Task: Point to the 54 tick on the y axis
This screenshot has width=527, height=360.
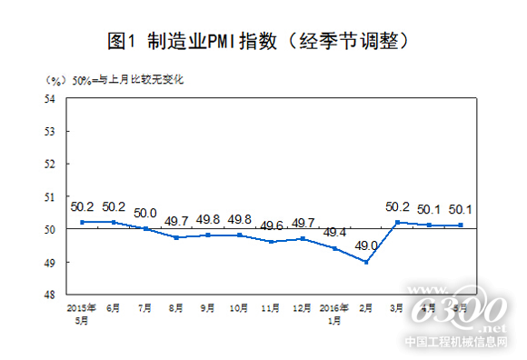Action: pos(51,98)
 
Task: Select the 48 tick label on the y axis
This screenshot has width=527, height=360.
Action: pos(51,295)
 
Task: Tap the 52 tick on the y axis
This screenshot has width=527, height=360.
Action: pos(51,164)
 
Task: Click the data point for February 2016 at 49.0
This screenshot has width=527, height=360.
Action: pos(364,262)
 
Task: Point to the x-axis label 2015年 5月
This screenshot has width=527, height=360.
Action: pos(82,313)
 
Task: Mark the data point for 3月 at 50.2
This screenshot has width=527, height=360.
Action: pos(396,222)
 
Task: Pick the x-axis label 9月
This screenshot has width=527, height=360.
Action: pos(208,308)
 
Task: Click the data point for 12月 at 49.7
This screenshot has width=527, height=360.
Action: pos(302,238)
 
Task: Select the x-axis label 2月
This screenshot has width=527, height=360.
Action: pos(364,308)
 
